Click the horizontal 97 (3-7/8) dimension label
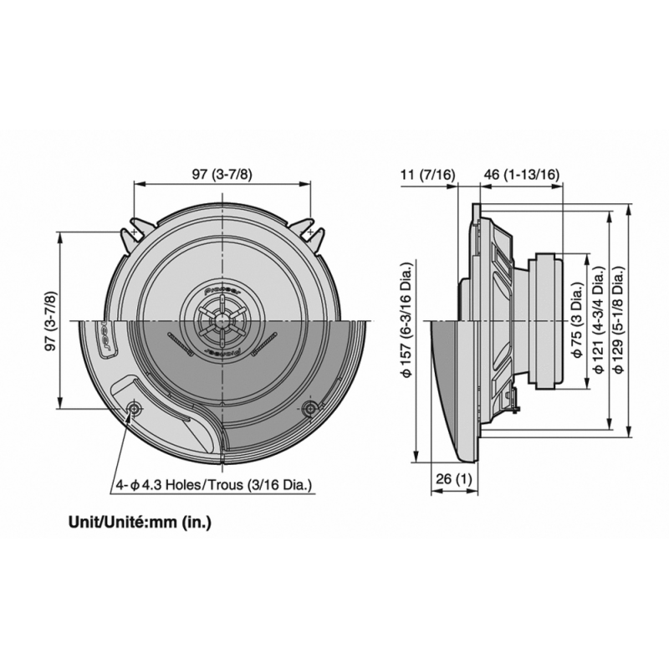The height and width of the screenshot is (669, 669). (x=222, y=175)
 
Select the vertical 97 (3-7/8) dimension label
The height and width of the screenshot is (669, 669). (x=51, y=320)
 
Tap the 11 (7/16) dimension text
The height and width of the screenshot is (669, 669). (x=428, y=175)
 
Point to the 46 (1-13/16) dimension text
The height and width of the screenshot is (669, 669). (x=521, y=175)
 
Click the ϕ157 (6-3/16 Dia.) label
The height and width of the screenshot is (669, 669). (x=407, y=319)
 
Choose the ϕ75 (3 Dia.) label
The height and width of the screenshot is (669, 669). (x=576, y=320)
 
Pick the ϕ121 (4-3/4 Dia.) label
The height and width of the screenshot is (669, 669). (x=599, y=320)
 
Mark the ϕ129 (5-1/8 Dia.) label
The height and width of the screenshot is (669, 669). (x=620, y=320)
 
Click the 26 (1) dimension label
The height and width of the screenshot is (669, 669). (x=454, y=479)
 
